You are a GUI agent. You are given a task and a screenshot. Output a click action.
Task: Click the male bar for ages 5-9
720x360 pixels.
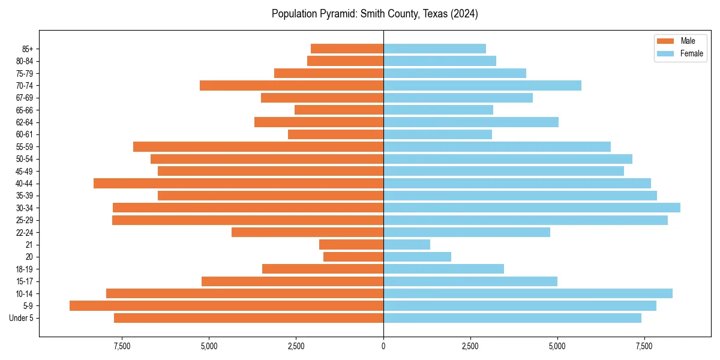tap(226, 305)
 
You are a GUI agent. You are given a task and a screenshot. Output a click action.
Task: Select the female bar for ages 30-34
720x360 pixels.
tap(532, 208)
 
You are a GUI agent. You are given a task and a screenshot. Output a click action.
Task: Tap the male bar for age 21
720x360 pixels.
tap(351, 244)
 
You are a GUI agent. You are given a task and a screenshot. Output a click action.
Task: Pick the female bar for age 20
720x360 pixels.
tap(417, 257)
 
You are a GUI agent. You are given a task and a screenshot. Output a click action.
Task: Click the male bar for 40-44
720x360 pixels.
tap(238, 183)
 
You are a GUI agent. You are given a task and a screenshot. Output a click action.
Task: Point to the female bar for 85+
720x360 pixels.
tap(434, 49)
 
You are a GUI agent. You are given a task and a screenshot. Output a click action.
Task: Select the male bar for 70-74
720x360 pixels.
tap(292, 85)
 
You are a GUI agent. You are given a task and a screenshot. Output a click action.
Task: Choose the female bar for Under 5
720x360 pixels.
tap(512, 318)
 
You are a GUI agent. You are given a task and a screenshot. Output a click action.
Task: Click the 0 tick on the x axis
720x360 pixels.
tap(383, 346)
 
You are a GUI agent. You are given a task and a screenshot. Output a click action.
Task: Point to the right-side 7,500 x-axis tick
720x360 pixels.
tap(644, 346)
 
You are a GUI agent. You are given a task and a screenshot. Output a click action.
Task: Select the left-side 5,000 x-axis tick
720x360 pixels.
tap(209, 346)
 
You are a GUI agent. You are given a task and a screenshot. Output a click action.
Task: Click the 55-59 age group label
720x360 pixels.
tap(25, 146)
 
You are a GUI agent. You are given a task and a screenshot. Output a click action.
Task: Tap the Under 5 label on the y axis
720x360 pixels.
tap(22, 318)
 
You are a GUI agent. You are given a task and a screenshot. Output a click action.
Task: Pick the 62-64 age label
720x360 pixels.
tap(25, 122)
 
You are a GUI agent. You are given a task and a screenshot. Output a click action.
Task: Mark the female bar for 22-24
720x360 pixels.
tap(466, 232)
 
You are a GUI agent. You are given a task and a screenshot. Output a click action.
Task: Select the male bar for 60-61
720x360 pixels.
tap(335, 134)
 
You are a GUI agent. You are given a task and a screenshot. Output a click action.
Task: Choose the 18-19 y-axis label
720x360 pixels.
tap(25, 269)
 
